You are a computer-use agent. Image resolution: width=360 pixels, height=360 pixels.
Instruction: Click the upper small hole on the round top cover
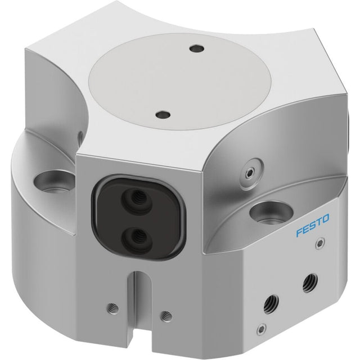[x=197, y=49]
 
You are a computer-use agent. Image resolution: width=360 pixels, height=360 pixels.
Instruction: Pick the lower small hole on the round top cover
[x=163, y=114]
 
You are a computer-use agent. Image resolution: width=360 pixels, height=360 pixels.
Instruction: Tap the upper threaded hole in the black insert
[x=137, y=199]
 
